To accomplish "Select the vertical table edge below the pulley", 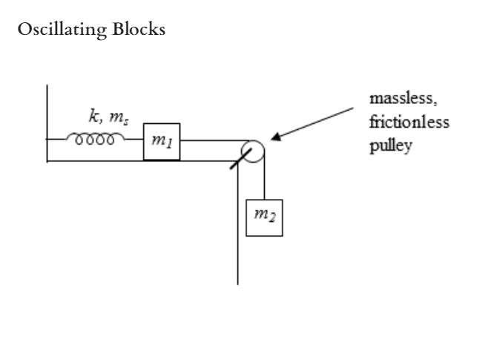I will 238,230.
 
